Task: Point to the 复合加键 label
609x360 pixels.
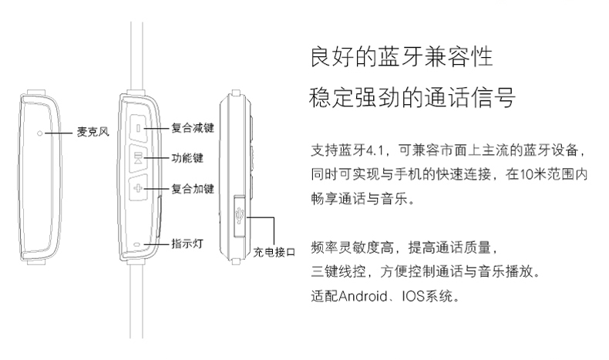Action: [192, 188]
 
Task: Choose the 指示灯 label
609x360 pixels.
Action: [187, 244]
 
